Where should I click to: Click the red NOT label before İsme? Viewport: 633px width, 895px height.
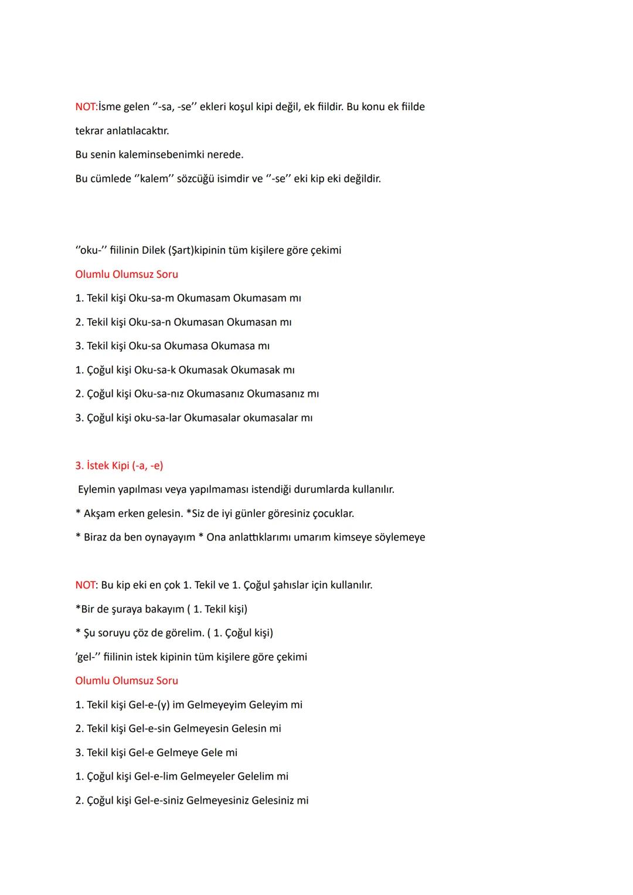[86, 107]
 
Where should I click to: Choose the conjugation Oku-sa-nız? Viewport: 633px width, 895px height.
[158, 394]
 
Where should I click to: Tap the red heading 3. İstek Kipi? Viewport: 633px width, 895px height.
[119, 466]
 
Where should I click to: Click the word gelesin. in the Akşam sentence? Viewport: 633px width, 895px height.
[161, 513]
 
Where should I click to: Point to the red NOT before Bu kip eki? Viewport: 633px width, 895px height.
[86, 585]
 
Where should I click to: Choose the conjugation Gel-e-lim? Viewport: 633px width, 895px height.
[155, 777]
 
